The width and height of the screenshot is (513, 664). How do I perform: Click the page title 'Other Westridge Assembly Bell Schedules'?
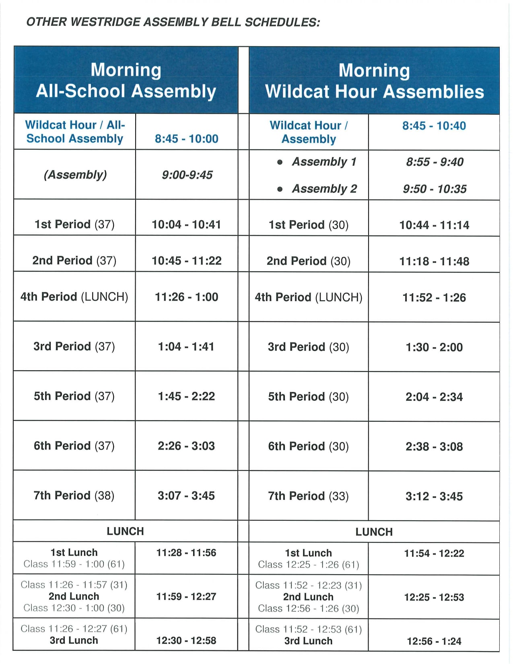pos(173,22)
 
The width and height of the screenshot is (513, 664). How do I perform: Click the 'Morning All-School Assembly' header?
pos(126,80)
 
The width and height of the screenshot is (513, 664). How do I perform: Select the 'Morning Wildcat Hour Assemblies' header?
pos(374,81)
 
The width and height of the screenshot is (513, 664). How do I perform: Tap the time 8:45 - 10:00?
pos(187,139)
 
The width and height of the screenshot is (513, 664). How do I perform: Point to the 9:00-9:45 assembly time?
pos(187,175)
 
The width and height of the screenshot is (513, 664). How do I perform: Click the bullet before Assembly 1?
pos(280,162)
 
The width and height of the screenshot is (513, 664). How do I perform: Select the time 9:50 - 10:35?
pos(435,189)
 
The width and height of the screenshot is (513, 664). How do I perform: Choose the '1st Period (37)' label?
pos(74,224)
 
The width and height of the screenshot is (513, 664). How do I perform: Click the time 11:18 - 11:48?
pos(434,261)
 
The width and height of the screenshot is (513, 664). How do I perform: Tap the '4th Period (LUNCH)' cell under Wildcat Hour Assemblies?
pos(309,297)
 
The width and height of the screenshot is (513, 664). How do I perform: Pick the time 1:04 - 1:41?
pos(186,346)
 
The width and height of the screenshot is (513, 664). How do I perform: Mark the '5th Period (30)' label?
pos(309,397)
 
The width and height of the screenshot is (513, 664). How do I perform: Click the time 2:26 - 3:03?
pos(186,446)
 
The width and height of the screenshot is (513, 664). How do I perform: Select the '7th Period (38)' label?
pos(74,495)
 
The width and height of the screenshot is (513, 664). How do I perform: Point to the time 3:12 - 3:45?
pos(434,496)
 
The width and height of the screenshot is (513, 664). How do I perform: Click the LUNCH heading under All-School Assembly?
pos(125,531)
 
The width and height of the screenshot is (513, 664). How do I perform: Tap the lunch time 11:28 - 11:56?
pos(186,553)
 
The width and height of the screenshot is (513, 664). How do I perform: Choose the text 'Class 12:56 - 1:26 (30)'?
pos(309,608)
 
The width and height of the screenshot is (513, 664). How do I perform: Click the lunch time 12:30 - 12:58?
pos(186,640)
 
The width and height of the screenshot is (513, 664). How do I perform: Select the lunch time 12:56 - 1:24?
pos(434,641)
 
